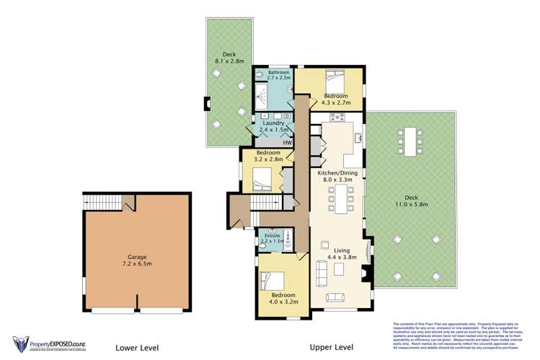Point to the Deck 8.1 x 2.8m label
click(x=229, y=58)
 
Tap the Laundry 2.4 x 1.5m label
click(x=270, y=127)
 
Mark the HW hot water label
click(x=287, y=143)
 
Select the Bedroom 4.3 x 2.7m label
click(x=336, y=100)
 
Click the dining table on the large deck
click(x=411, y=142)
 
